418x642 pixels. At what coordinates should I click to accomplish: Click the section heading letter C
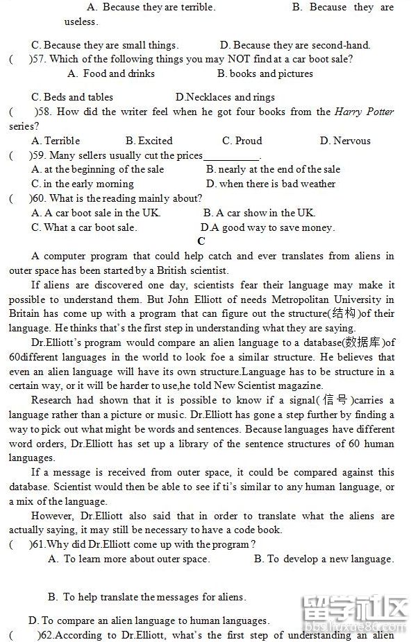tap(201, 241)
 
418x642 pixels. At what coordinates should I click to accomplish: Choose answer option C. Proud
tap(242, 141)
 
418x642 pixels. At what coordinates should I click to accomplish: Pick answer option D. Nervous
tap(345, 141)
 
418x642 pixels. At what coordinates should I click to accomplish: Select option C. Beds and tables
tap(72, 97)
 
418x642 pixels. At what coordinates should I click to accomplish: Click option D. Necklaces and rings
tap(225, 97)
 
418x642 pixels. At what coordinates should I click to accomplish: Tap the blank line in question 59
tap(231, 156)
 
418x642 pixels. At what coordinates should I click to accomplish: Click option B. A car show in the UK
tap(259, 213)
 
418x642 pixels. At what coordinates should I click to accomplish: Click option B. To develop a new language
tap(324, 559)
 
